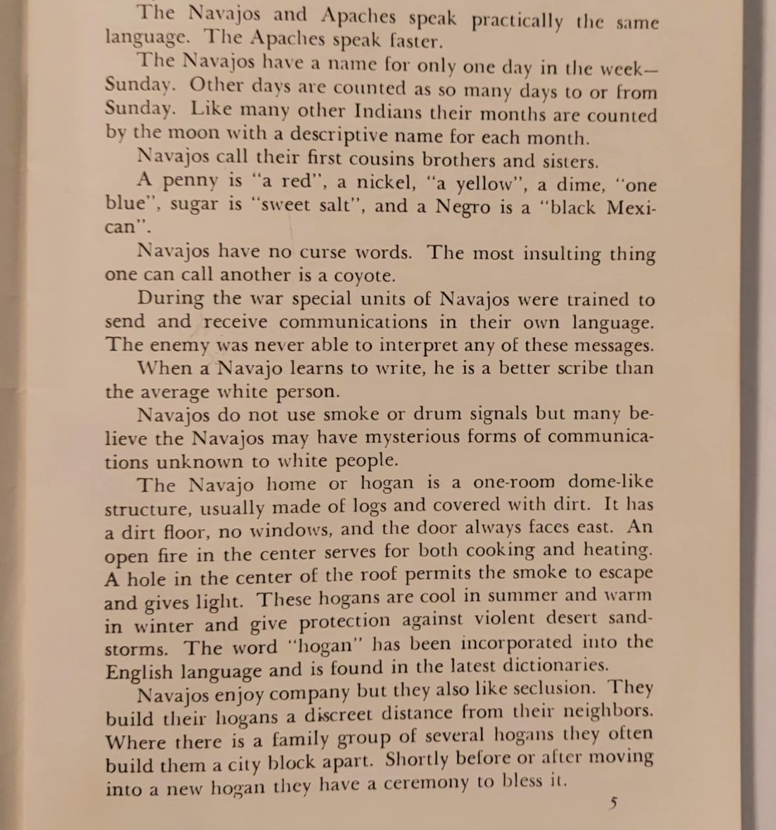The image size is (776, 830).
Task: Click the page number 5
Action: pyautogui.click(x=612, y=802)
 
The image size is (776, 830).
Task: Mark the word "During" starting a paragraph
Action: pyautogui.click(x=171, y=299)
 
